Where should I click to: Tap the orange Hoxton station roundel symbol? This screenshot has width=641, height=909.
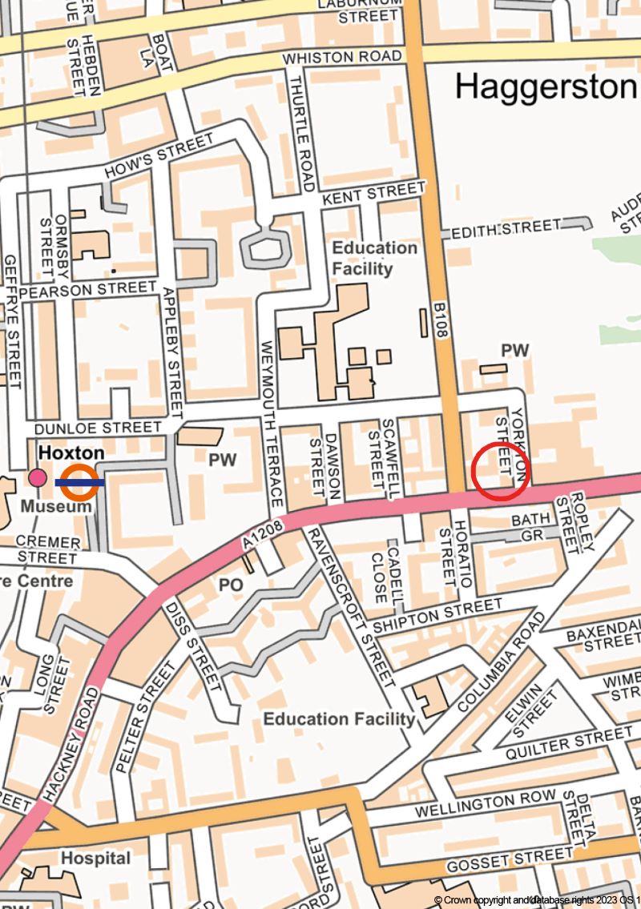pos(79,482)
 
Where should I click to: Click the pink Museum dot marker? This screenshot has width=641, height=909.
pos(37,478)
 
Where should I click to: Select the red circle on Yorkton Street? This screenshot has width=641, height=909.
pos(500,471)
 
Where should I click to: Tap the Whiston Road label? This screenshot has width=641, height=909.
pos(342,58)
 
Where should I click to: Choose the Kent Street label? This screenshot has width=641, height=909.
pos(373,192)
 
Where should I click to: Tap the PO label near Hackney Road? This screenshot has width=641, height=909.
pos(231,585)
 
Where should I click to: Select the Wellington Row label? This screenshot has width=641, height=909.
pos(486,804)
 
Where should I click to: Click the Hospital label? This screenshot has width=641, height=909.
pos(96,859)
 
